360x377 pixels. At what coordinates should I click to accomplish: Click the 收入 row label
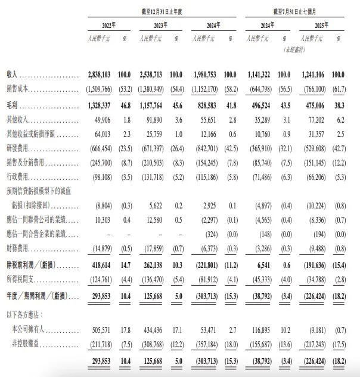pos(11,77)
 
